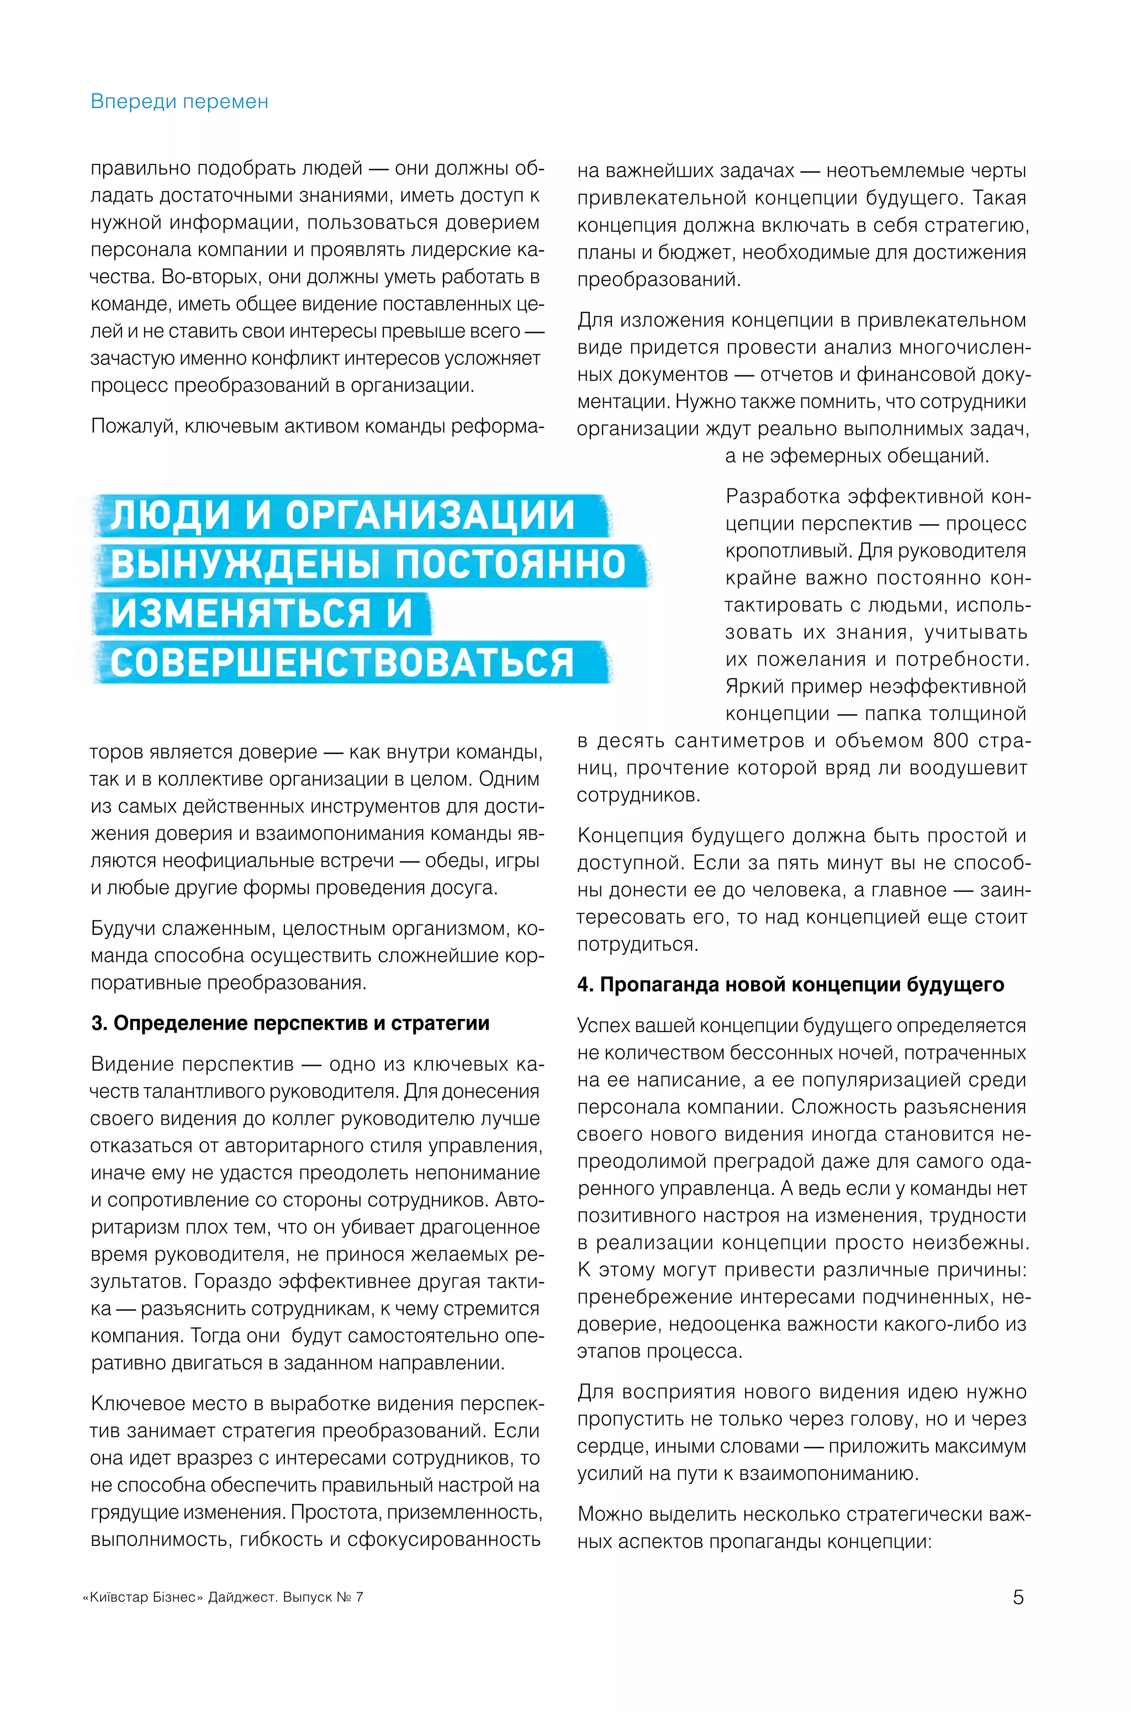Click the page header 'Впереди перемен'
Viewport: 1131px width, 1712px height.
click(x=179, y=102)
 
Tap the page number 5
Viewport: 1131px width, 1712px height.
click(x=1018, y=1597)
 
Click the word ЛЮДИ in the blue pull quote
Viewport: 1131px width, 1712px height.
click(x=170, y=515)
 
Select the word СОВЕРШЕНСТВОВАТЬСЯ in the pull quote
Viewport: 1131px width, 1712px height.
click(x=342, y=662)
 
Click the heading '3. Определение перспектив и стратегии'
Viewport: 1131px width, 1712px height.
click(x=290, y=1023)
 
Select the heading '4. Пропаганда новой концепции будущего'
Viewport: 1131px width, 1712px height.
click(x=790, y=984)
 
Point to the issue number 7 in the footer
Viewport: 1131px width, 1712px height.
click(x=358, y=1597)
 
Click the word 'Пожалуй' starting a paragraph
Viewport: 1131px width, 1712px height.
click(x=134, y=426)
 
